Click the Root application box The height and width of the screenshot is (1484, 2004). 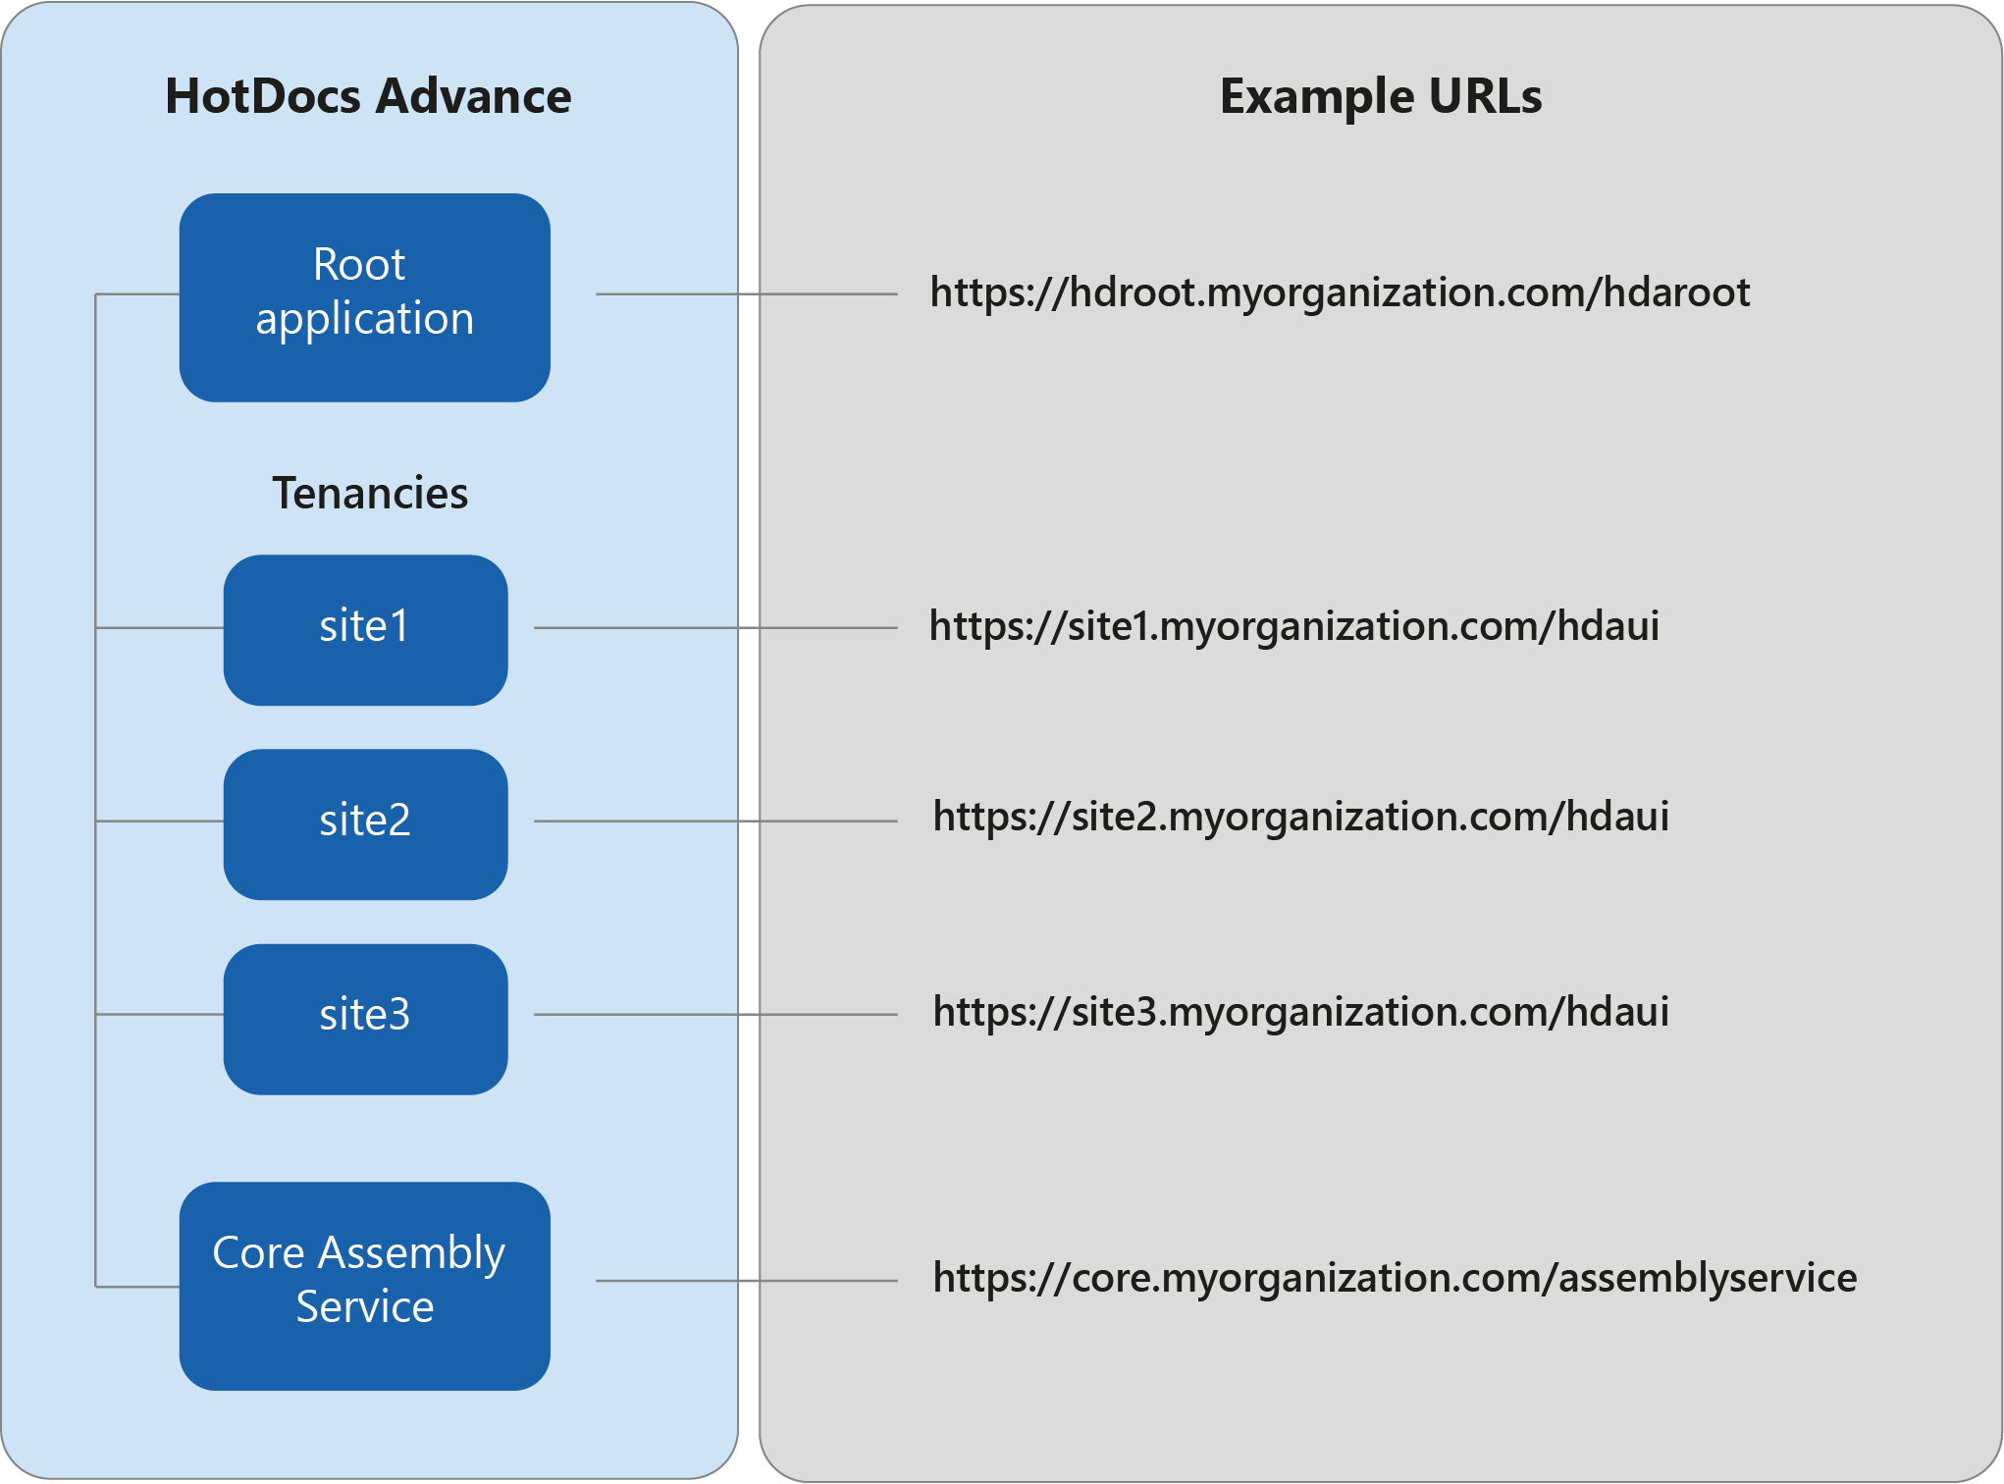pyautogui.click(x=364, y=296)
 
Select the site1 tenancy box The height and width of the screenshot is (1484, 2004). pyautogui.click(x=365, y=629)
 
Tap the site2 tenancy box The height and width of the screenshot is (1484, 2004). pyautogui.click(x=365, y=823)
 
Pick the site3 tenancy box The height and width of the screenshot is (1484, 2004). pyautogui.click(x=365, y=1018)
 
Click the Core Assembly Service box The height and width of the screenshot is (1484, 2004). pyautogui.click(x=364, y=1285)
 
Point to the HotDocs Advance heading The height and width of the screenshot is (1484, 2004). pyautogui.click(x=368, y=96)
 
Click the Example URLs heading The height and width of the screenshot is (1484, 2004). pyautogui.click(x=1380, y=96)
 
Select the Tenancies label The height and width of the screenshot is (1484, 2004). pyautogui.click(x=370, y=493)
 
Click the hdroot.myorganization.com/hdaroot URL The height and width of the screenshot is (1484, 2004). pyautogui.click(x=1340, y=292)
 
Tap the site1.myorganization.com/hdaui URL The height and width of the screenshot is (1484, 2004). pyautogui.click(x=1293, y=626)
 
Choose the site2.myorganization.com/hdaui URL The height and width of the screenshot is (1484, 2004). pyautogui.click(x=1300, y=817)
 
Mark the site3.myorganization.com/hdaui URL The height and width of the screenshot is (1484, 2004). pyautogui.click(x=1300, y=1012)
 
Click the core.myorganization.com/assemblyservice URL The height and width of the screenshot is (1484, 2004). pyautogui.click(x=1395, y=1278)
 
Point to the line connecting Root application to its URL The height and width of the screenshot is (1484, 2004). pyautogui.click(x=746, y=293)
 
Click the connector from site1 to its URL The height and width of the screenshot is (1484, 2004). pyautogui.click(x=716, y=627)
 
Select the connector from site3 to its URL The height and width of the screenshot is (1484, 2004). pyautogui.click(x=716, y=1014)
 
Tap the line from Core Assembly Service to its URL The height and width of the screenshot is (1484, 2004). pyautogui.click(x=746, y=1280)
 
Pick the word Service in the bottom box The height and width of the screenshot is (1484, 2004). pyautogui.click(x=365, y=1307)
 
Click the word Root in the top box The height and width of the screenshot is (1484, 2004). pyautogui.click(x=359, y=265)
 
